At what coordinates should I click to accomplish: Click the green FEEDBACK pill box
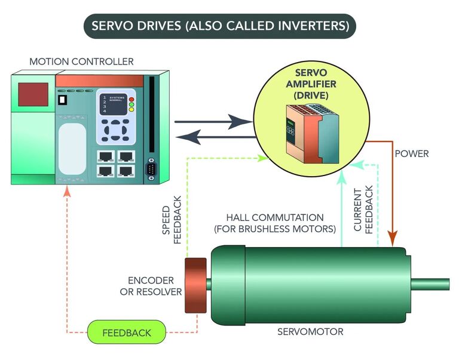pyautogui.click(x=127, y=332)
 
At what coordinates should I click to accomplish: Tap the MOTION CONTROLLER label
pyautogui.click(x=81, y=61)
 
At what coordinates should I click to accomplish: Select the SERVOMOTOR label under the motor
pyautogui.click(x=310, y=332)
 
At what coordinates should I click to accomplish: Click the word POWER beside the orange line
pyautogui.click(x=412, y=154)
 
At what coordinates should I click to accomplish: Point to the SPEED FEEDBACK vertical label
pyautogui.click(x=172, y=220)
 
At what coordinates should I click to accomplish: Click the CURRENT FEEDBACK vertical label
pyautogui.click(x=363, y=210)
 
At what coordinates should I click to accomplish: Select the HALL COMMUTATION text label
pyautogui.click(x=275, y=223)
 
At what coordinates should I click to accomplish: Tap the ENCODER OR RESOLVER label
pyautogui.click(x=151, y=286)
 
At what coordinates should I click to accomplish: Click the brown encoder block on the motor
pyautogui.click(x=195, y=285)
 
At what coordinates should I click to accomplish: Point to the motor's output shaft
pyautogui.click(x=430, y=284)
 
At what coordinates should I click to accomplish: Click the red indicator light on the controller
pyautogui.click(x=131, y=100)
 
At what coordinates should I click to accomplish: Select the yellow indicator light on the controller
pyautogui.click(x=131, y=110)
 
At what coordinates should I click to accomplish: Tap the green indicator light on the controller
pyautogui.click(x=131, y=104)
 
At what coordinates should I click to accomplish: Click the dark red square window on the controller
pyautogui.click(x=33, y=94)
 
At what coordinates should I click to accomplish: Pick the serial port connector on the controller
pyautogui.click(x=151, y=169)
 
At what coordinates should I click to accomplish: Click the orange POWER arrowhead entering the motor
pyautogui.click(x=392, y=238)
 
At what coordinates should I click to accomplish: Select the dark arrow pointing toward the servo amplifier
pyautogui.click(x=213, y=122)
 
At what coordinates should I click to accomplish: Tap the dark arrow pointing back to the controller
pyautogui.click(x=216, y=137)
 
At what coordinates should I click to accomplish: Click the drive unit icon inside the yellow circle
pyautogui.click(x=313, y=134)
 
